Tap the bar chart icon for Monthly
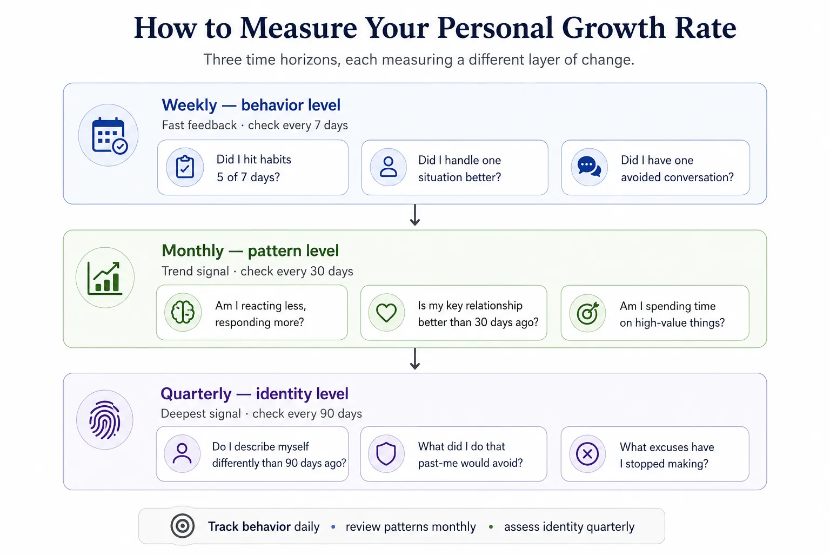pos(105,278)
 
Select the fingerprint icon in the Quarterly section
pos(105,420)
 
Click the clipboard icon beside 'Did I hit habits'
pos(185,167)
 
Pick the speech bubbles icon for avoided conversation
pos(589,167)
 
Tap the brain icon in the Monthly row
pos(183,312)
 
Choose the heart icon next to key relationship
pos(386,313)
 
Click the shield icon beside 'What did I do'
pos(386,453)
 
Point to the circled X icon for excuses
pos(587,453)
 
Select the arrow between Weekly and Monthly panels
pos(415,215)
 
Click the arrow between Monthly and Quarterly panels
pos(415,359)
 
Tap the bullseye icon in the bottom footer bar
pos(182,526)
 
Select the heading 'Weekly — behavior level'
pos(251,105)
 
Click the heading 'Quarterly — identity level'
pos(255,394)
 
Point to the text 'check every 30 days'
pos(297,271)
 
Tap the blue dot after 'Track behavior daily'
pos(333,526)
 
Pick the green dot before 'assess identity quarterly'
pos(491,526)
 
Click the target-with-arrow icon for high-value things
pos(588,313)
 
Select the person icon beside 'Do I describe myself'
pos(182,453)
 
